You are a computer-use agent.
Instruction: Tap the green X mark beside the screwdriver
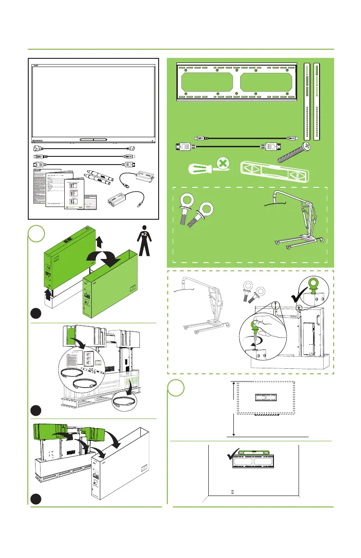pos(222,163)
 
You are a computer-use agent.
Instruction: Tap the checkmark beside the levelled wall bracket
pos(234,456)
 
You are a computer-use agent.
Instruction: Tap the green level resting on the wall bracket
pos(253,452)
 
